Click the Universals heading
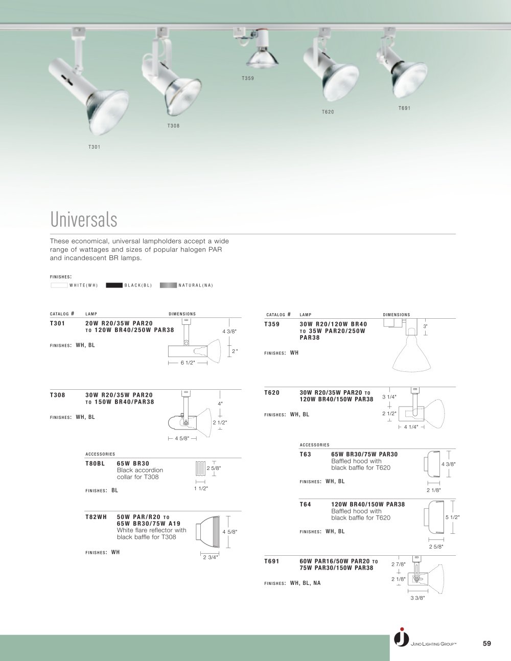84,219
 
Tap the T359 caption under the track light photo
248,78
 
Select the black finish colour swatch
114,285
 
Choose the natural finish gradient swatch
168,285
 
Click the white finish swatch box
59,285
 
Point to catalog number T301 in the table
57,323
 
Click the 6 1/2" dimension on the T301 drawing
188,363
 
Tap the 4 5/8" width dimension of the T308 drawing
182,438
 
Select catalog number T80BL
95,464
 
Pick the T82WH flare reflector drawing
207,532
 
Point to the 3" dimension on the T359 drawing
425,326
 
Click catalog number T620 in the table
272,393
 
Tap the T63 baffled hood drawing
432,464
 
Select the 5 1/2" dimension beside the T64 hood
453,517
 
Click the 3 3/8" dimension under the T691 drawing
417,598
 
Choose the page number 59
486,643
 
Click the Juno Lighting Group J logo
402,637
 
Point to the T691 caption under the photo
404,108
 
